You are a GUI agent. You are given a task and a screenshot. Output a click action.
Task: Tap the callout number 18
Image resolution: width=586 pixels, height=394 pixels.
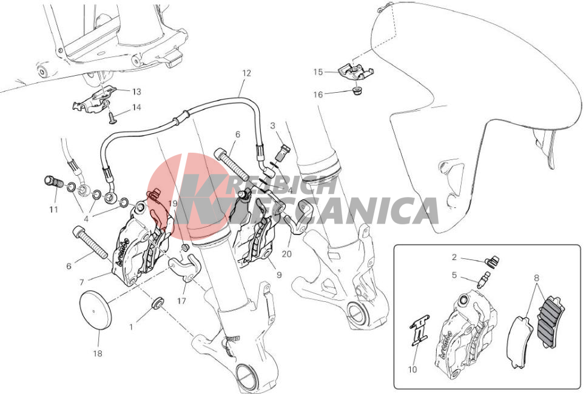click(98, 353)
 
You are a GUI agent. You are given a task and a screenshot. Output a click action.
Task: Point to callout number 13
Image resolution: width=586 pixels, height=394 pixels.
click(136, 92)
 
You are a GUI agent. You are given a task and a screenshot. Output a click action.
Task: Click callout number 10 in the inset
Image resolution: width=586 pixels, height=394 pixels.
click(413, 369)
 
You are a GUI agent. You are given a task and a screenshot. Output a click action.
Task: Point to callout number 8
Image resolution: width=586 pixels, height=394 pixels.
click(536, 278)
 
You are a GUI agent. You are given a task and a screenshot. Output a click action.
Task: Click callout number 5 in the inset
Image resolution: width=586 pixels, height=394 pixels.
click(454, 275)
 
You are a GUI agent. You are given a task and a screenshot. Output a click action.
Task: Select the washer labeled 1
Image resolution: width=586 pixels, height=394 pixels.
click(157, 302)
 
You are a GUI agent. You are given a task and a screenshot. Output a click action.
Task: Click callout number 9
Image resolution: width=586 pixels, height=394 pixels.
click(279, 275)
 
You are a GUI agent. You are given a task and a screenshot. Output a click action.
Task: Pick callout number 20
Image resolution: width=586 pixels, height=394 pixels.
click(287, 254)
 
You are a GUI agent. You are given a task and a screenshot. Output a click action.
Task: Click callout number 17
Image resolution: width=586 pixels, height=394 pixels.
click(181, 301)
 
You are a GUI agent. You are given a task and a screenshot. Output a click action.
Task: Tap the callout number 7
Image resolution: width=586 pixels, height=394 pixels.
click(82, 282)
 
